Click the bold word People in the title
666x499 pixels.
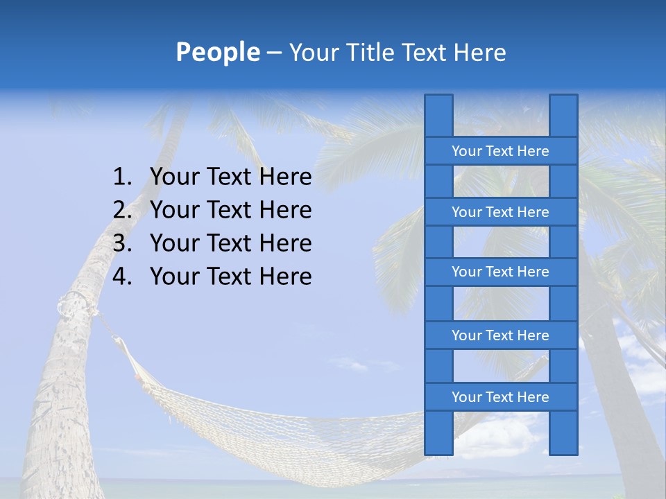[217, 52]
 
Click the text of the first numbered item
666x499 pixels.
[230, 177]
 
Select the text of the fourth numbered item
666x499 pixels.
[230, 277]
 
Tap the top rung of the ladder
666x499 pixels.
[500, 151]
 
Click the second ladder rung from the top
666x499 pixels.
[500, 212]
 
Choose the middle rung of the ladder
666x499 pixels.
[500, 272]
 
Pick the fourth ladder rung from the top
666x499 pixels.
[500, 335]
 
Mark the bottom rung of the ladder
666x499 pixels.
[500, 397]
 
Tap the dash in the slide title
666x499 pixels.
[274, 53]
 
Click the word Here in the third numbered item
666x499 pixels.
[285, 243]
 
